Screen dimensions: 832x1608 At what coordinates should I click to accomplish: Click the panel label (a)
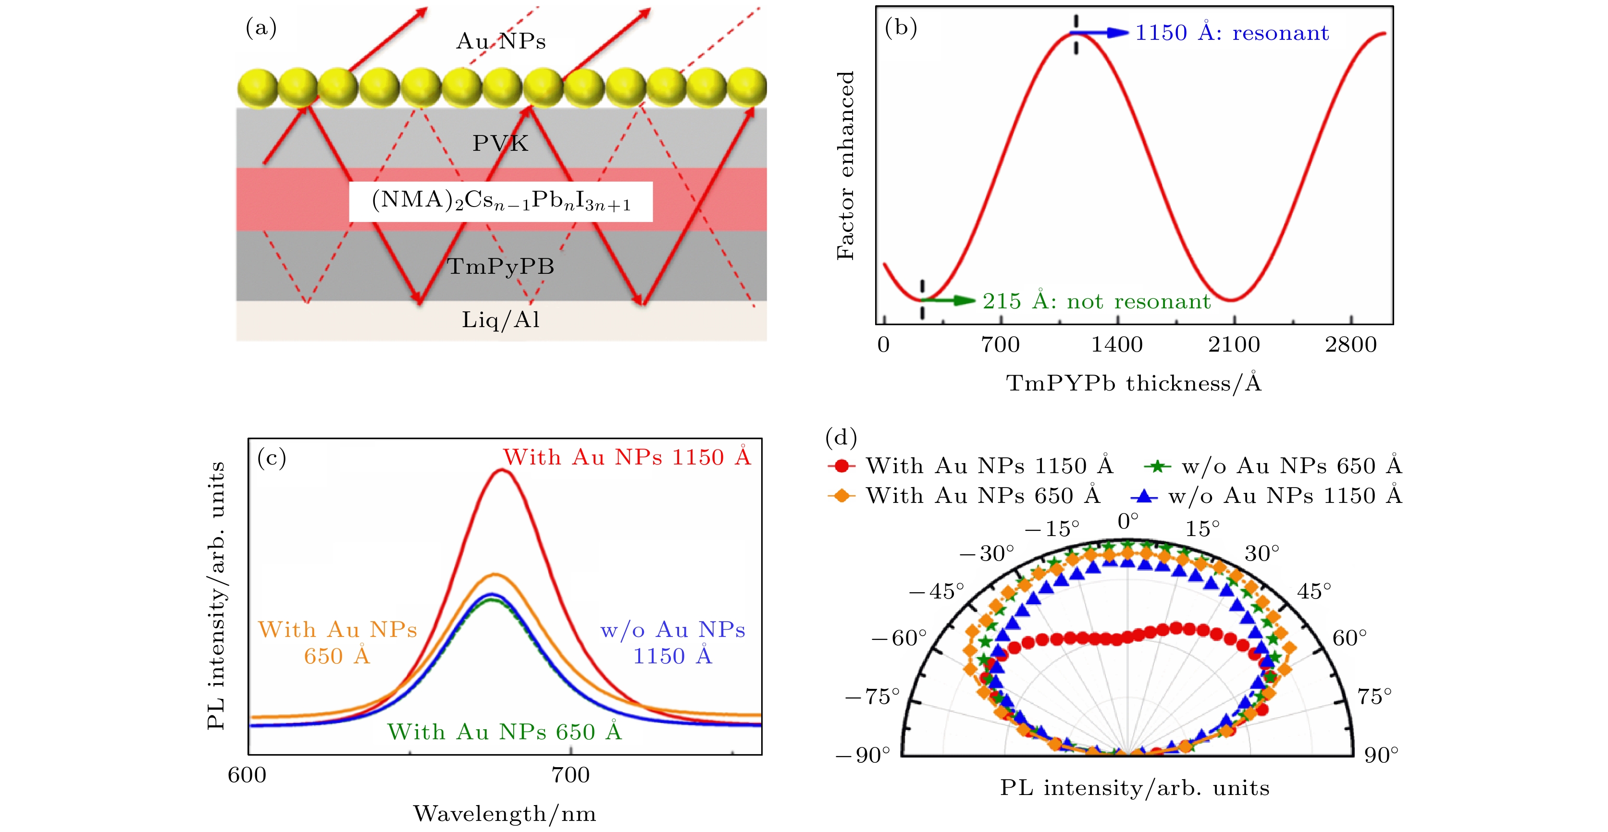click(261, 28)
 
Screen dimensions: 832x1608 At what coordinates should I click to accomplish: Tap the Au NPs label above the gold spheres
click(501, 41)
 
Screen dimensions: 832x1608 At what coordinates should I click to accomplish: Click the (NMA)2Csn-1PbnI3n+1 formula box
click(501, 201)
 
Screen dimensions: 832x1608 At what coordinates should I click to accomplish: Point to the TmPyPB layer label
click(501, 267)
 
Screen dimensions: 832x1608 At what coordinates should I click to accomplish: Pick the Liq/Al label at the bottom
click(501, 319)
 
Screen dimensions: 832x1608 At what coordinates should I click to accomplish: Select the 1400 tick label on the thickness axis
click(1117, 344)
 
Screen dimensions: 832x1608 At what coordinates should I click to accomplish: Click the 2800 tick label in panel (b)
click(1351, 344)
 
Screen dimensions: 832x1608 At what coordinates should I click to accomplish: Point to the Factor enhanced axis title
click(845, 165)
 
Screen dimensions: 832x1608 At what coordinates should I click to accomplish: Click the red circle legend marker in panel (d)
click(841, 465)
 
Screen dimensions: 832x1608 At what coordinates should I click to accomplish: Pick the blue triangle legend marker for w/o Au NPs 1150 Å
click(1144, 496)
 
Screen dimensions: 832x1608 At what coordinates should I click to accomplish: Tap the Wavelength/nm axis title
click(505, 814)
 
